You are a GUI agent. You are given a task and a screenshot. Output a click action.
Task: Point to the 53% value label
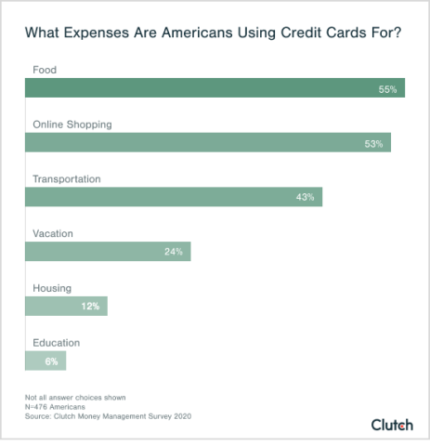point(374,143)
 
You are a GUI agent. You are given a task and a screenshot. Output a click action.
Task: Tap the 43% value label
point(306,197)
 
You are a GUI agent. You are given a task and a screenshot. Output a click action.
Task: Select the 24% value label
point(174,251)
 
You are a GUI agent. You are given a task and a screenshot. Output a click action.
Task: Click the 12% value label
point(90,306)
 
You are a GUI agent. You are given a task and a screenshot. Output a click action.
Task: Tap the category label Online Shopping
point(72,124)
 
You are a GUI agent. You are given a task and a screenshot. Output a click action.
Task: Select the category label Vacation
point(53,233)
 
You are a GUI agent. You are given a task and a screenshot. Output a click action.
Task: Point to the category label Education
point(57,342)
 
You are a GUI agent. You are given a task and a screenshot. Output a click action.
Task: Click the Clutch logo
point(392,423)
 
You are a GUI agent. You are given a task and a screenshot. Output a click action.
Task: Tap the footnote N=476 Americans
point(58,407)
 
